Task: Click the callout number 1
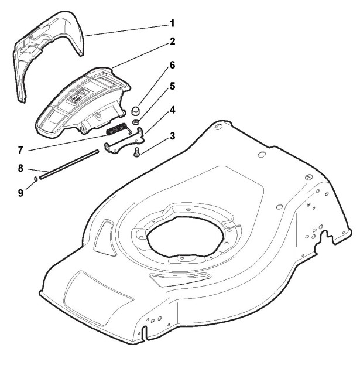click(172, 23)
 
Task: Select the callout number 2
click(172, 42)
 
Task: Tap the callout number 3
click(172, 136)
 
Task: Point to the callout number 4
click(172, 109)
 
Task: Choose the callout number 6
click(172, 64)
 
